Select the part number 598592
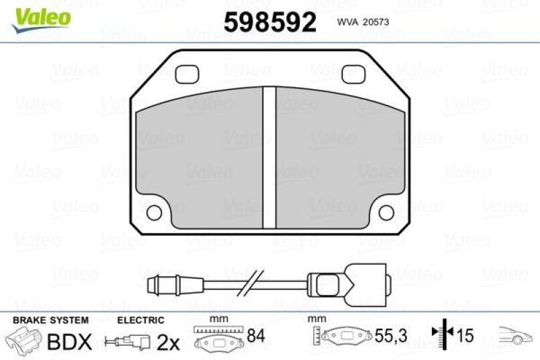[x=270, y=22]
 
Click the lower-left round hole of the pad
[x=154, y=212]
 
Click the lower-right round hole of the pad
[x=385, y=212]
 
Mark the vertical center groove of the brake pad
[x=269, y=158]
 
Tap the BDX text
[x=69, y=342]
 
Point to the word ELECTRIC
[x=140, y=320]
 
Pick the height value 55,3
[x=386, y=335]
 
